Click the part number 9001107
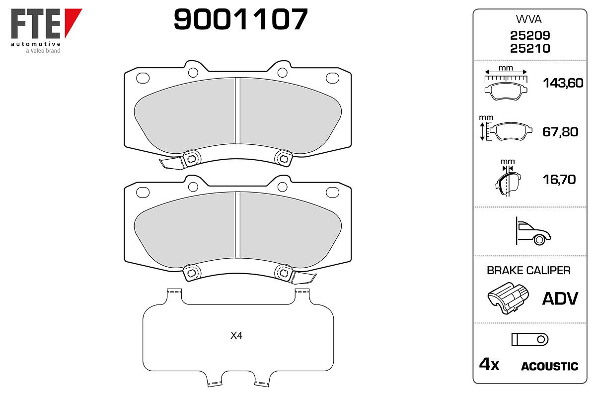[x=240, y=19]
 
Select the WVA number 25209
[x=530, y=35]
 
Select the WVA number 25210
[x=530, y=49]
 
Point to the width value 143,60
[x=563, y=83]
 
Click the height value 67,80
[x=560, y=132]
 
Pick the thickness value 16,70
[x=559, y=180]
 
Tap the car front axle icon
[x=533, y=231]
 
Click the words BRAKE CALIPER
[x=528, y=271]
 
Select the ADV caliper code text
[x=560, y=298]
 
